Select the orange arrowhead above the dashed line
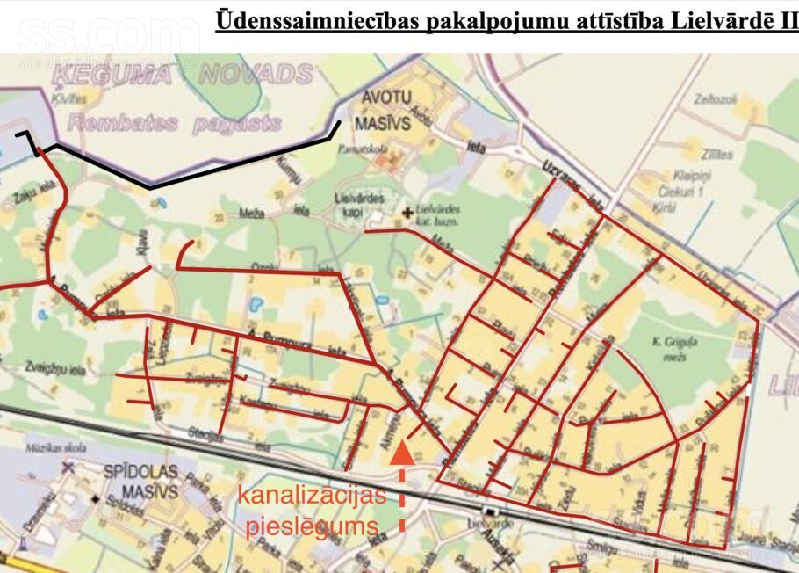[401, 452]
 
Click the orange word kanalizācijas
[312, 497]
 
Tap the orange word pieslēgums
[312, 527]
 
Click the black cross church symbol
[407, 212]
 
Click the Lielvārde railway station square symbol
[490, 511]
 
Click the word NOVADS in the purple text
[255, 74]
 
